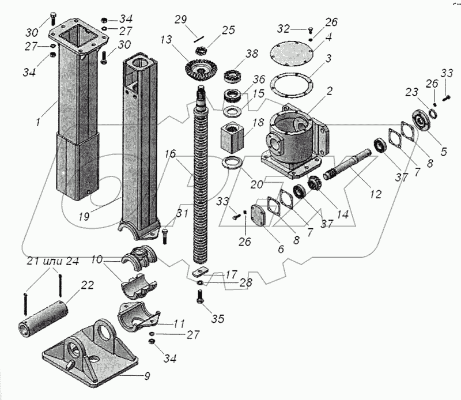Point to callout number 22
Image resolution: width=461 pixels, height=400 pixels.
click(x=87, y=285)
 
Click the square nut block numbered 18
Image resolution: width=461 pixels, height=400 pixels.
click(x=233, y=137)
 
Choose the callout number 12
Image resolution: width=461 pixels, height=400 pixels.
click(x=376, y=194)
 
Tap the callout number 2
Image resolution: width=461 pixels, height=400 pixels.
click(x=330, y=90)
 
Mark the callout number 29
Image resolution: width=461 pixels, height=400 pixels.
click(x=181, y=20)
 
